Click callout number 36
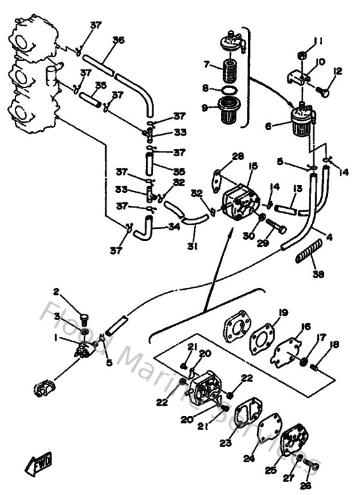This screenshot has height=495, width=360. [x=118, y=40]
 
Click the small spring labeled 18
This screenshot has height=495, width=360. [x=314, y=366]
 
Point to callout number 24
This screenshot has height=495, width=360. [x=248, y=459]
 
